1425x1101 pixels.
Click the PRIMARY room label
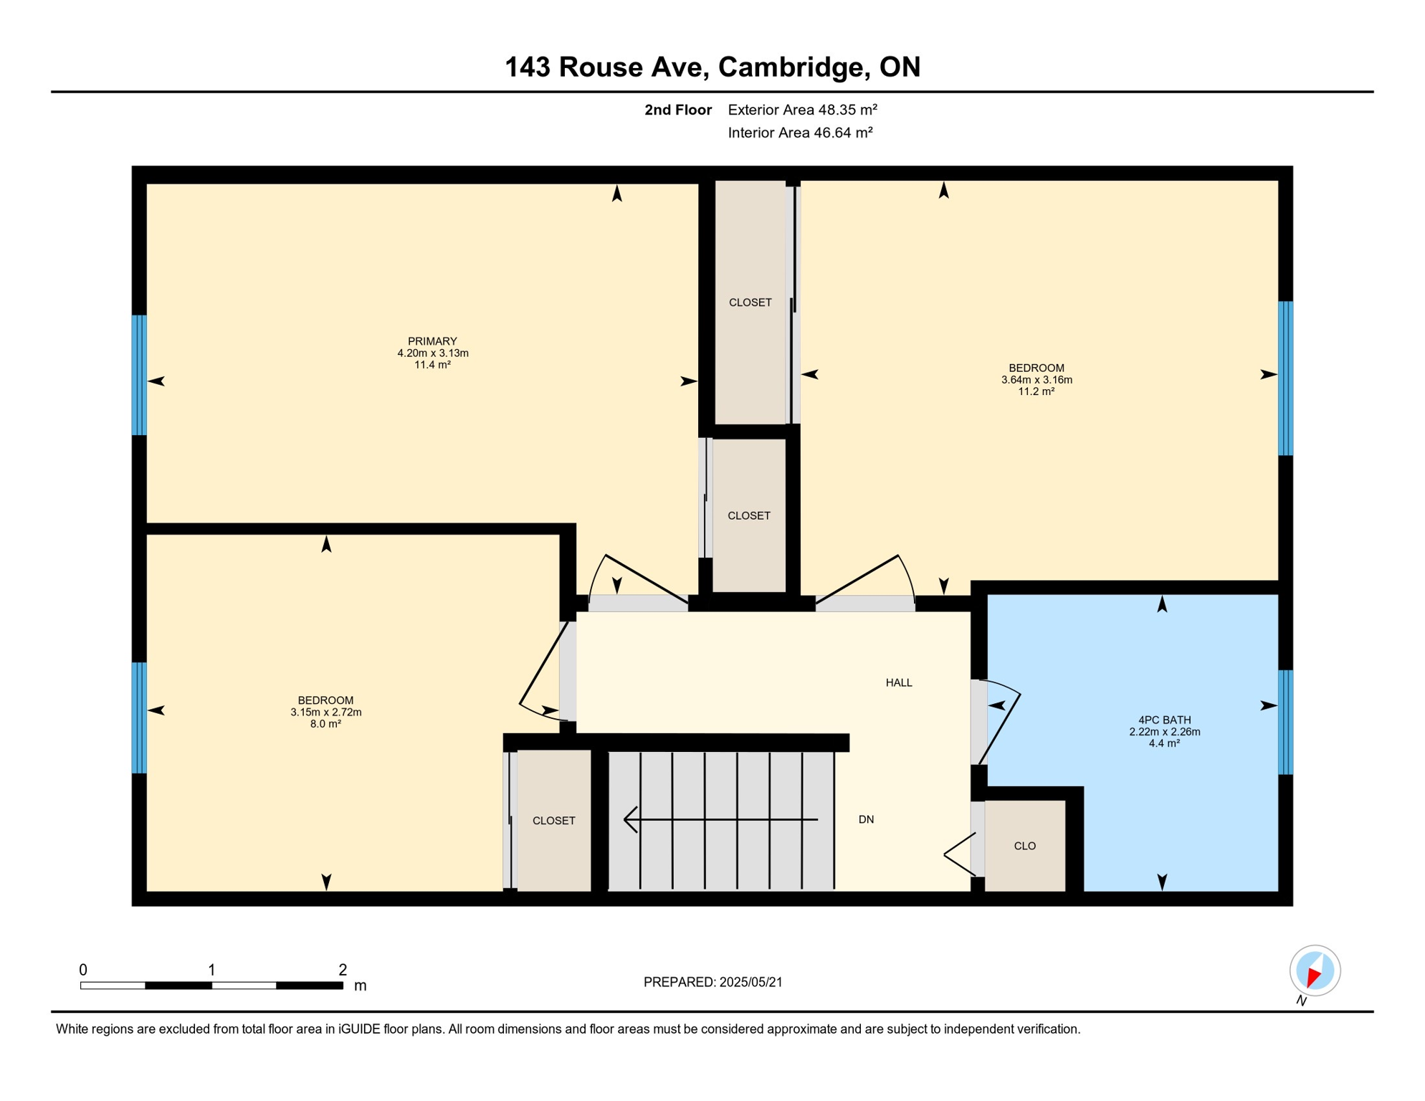coord(432,341)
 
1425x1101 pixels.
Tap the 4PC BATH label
coord(1164,720)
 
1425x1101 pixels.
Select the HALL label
coord(898,682)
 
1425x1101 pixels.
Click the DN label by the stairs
coord(866,819)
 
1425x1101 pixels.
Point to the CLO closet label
coord(1024,846)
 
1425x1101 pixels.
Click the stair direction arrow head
coord(630,819)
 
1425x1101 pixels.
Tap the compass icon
coord(1315,971)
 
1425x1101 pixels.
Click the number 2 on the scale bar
coord(343,970)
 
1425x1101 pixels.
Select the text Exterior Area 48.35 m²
coord(802,110)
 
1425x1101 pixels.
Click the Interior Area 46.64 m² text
coord(800,133)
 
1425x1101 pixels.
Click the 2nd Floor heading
coord(677,110)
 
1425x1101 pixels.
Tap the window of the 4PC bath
coord(1285,722)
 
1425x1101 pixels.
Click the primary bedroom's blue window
coord(139,375)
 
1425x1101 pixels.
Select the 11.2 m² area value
coord(1036,391)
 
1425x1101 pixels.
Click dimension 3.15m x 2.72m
coord(325,712)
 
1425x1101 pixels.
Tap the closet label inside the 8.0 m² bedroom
coord(553,821)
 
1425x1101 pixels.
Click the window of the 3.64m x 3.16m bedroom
coord(1285,378)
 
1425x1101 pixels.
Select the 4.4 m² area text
coord(1164,743)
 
